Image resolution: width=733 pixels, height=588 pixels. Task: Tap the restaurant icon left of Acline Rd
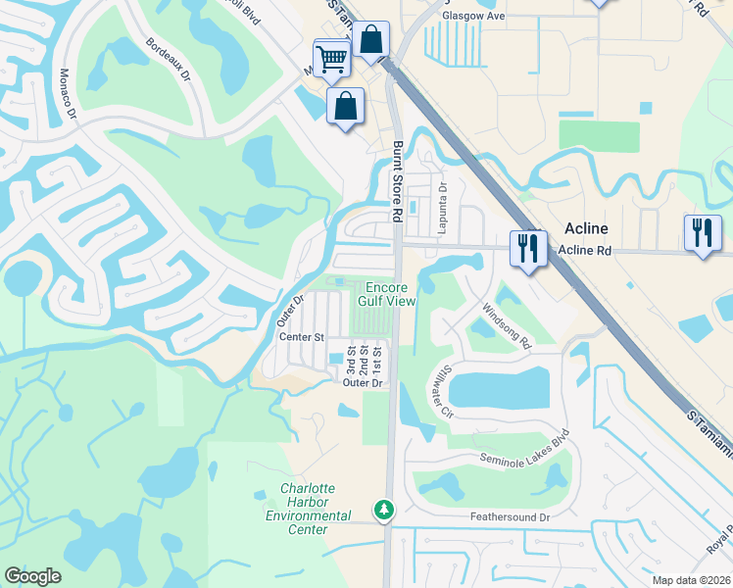pyautogui.click(x=526, y=247)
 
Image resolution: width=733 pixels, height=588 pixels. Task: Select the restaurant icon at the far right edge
pyautogui.click(x=703, y=233)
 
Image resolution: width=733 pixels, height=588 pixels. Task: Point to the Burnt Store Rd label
pyautogui.click(x=398, y=181)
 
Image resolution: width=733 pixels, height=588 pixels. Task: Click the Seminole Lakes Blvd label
pyautogui.click(x=524, y=447)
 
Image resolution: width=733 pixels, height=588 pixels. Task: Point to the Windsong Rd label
pyautogui.click(x=506, y=325)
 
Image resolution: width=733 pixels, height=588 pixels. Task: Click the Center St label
pyautogui.click(x=302, y=337)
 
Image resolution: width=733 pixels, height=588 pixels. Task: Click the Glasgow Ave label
pyautogui.click(x=473, y=17)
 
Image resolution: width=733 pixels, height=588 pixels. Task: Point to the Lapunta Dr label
pyautogui.click(x=443, y=203)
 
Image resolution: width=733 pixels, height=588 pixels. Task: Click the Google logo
pyautogui.click(x=32, y=576)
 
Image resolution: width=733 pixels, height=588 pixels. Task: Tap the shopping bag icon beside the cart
pyautogui.click(x=371, y=41)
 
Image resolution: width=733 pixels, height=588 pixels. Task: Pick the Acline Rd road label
pyautogui.click(x=584, y=251)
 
